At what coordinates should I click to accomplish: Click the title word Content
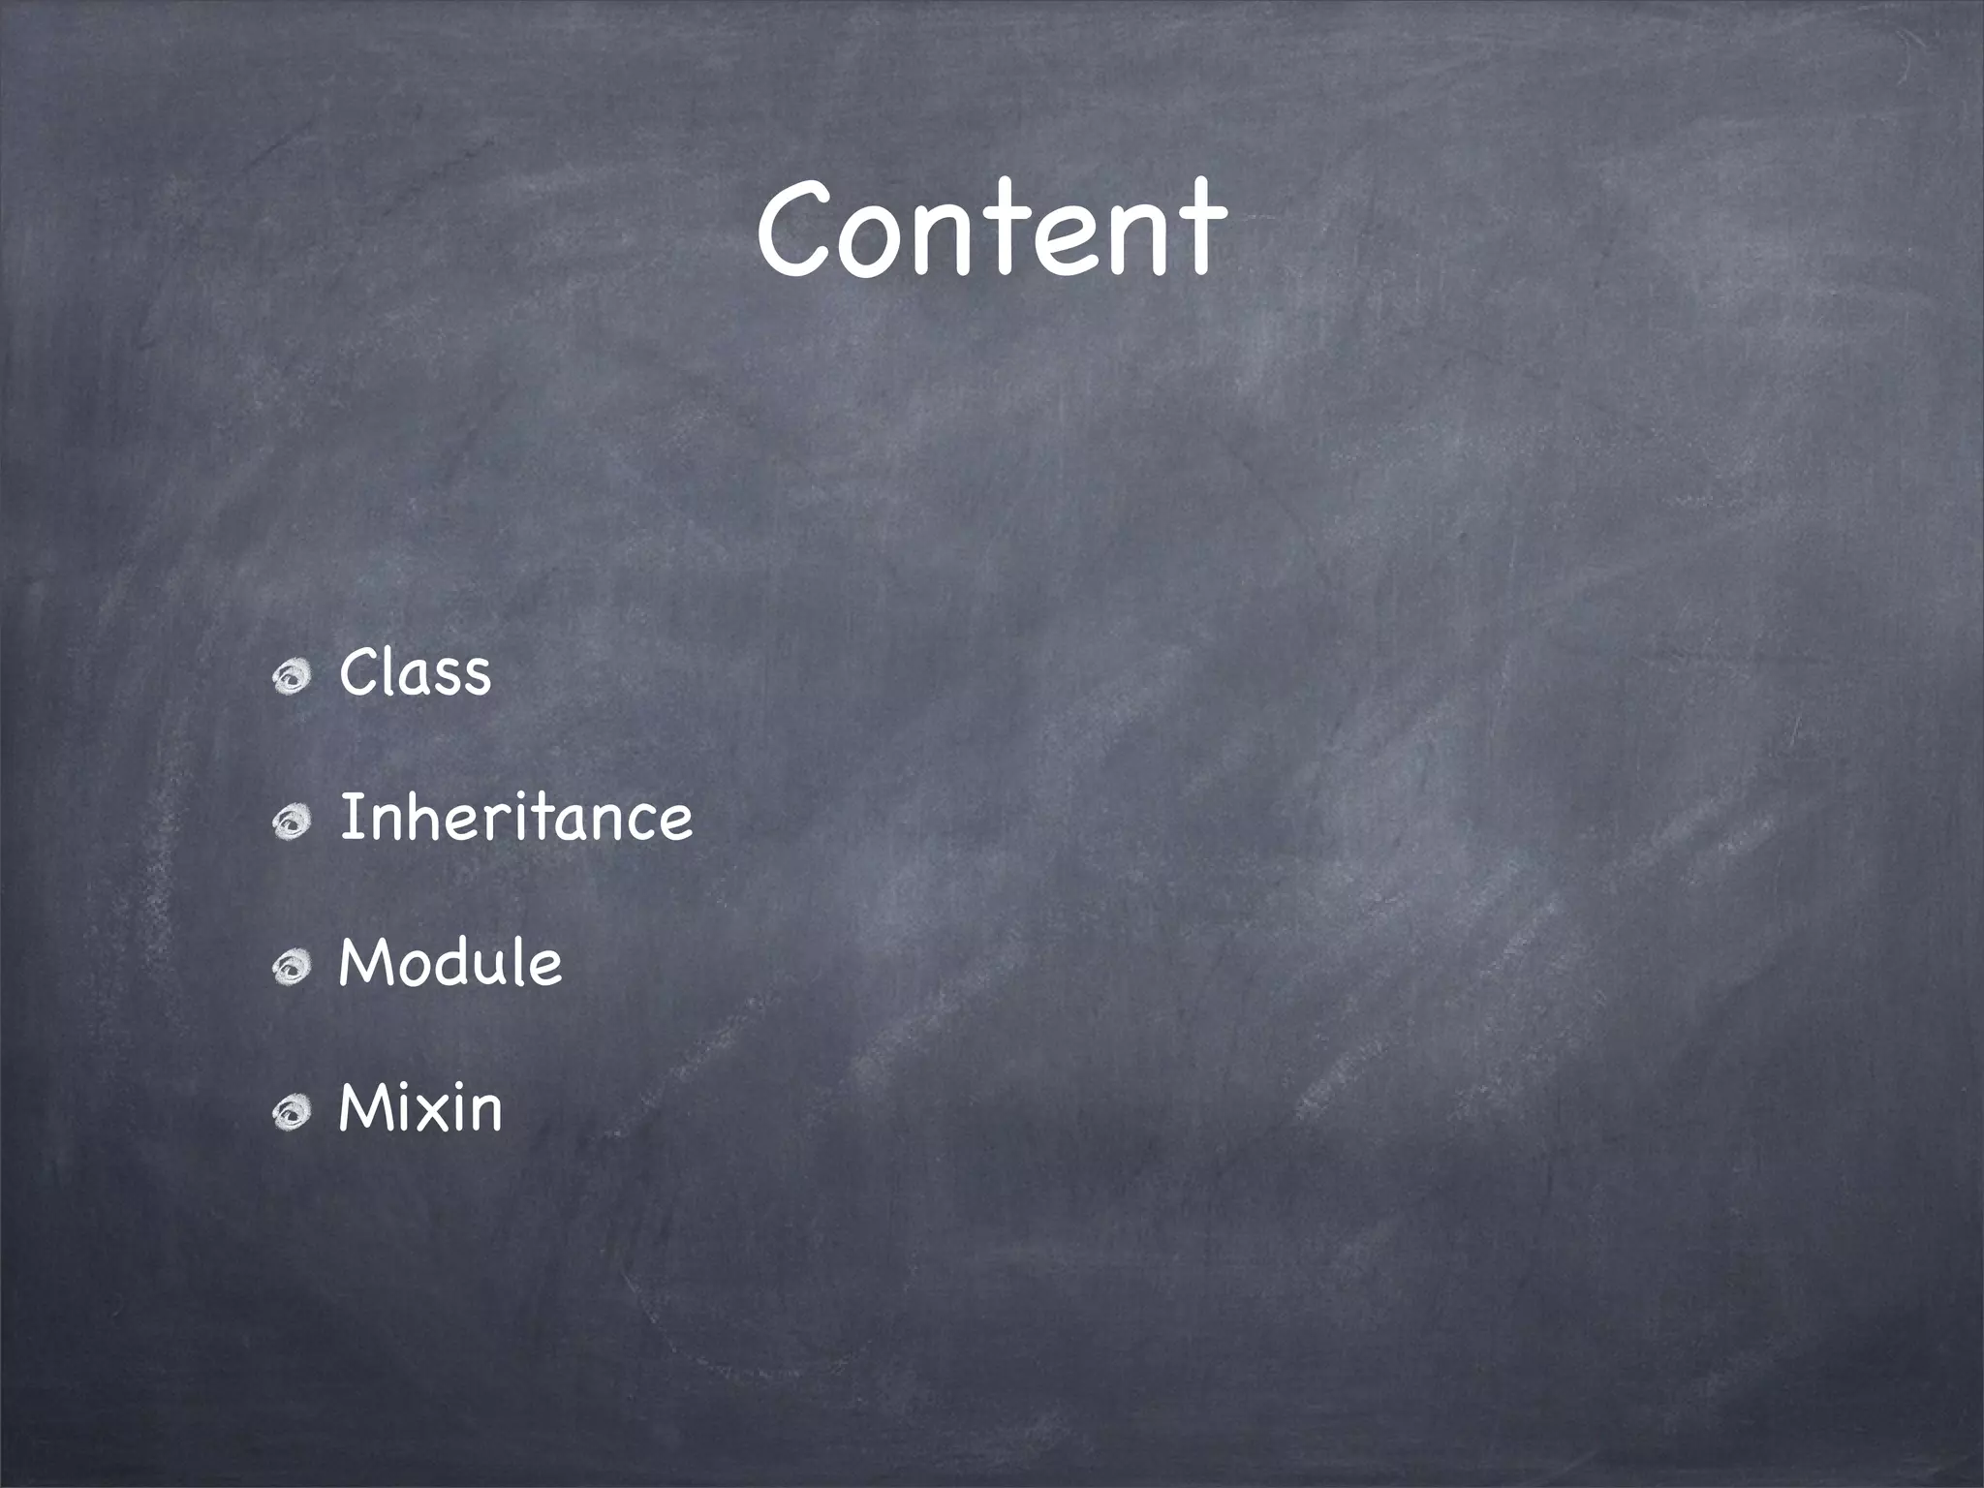click(991, 230)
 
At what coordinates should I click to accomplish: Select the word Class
click(415, 672)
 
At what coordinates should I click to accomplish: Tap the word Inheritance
click(515, 818)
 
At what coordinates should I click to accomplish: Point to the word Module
click(449, 963)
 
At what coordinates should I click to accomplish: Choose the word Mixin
click(419, 1107)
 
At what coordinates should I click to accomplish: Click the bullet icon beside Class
click(291, 677)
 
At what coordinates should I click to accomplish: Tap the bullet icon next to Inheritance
click(291, 822)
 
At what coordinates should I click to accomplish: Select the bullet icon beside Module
click(291, 968)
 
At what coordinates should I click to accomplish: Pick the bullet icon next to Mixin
click(291, 1113)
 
